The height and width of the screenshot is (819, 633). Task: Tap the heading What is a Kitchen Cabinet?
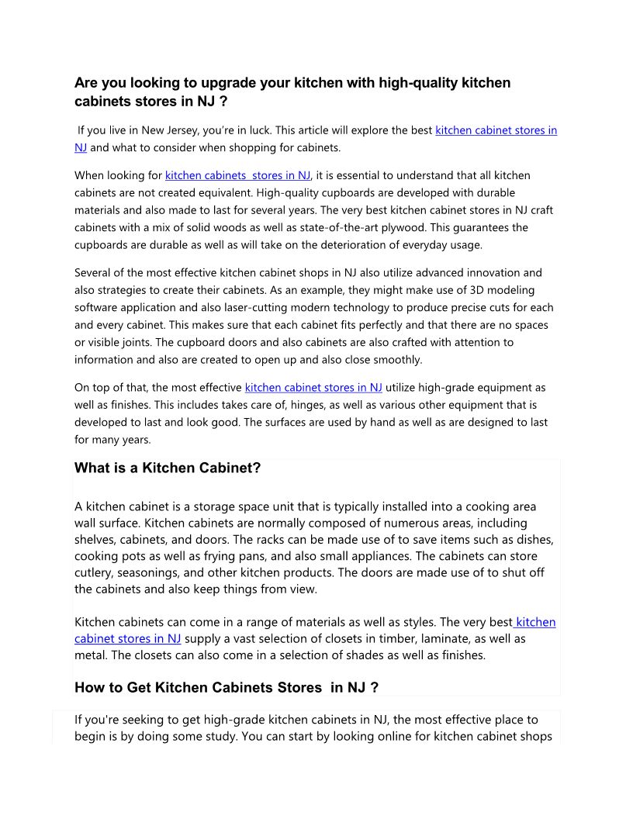(x=168, y=468)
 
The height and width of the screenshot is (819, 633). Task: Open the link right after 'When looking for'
(x=237, y=176)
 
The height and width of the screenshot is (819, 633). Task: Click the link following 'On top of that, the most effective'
(x=313, y=388)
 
